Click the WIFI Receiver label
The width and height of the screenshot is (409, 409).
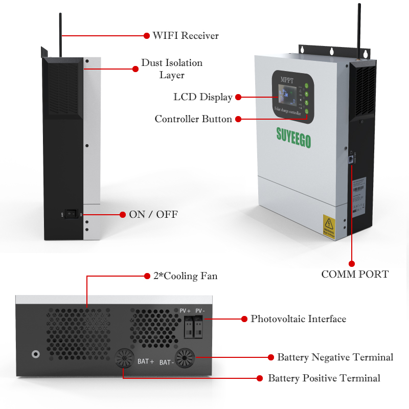pyautogui.click(x=185, y=36)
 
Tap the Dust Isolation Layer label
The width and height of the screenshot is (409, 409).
pyautogui.click(x=172, y=69)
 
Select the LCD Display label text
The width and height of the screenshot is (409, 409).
pyautogui.click(x=203, y=97)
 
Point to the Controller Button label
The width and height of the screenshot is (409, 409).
pyautogui.click(x=193, y=119)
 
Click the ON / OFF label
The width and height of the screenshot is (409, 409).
pyautogui.click(x=153, y=214)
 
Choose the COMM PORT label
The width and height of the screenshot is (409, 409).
pyautogui.click(x=355, y=275)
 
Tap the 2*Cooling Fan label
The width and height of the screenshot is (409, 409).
pyautogui.click(x=186, y=276)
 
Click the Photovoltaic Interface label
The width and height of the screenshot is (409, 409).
pyautogui.click(x=298, y=319)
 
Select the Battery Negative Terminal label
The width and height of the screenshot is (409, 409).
pyautogui.click(x=335, y=357)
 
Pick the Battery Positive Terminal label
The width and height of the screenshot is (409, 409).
pyautogui.click(x=324, y=378)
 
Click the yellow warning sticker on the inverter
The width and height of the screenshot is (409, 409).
pyautogui.click(x=328, y=225)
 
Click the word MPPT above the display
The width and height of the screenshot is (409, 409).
pyautogui.click(x=288, y=80)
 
